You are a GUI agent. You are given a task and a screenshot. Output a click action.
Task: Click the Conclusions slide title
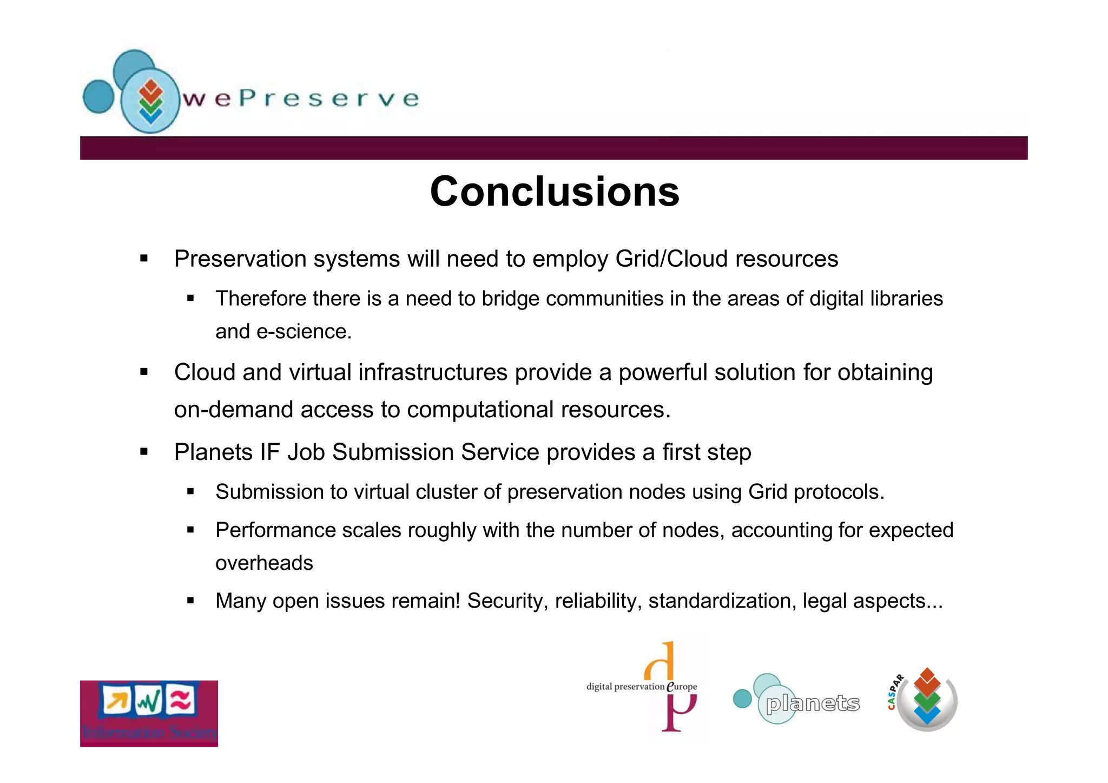click(554, 192)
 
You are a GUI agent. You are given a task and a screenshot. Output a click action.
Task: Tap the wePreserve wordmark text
click(301, 98)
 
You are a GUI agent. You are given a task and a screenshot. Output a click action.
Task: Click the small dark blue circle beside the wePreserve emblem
click(98, 96)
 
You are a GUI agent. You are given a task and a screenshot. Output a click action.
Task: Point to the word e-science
click(304, 332)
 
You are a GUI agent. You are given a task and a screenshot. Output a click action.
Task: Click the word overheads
click(264, 563)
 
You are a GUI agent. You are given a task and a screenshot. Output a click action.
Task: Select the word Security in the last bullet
click(507, 601)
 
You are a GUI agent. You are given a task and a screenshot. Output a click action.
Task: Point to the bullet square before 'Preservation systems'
click(144, 259)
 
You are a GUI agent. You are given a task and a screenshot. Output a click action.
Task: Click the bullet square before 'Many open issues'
click(190, 600)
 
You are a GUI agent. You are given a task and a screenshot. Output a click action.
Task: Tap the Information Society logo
click(149, 713)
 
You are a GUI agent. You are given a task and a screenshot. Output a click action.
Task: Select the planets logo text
click(813, 703)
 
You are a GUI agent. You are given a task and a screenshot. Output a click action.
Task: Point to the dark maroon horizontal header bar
click(554, 148)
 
